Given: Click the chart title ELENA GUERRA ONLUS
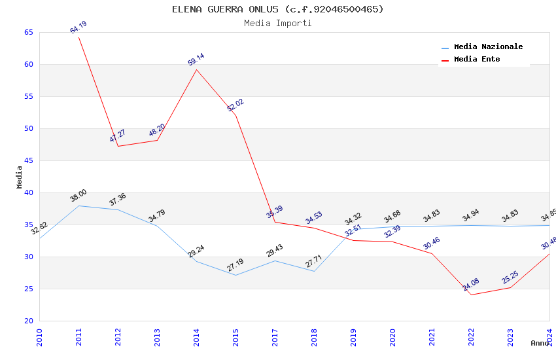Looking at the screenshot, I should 277,9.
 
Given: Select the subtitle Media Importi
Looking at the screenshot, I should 277,23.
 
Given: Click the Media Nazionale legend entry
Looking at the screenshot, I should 488,47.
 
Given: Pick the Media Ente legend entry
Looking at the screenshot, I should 477,60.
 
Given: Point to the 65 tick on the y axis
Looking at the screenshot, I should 28,32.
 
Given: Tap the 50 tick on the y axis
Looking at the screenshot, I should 28,128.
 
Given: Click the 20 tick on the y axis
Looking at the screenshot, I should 28,321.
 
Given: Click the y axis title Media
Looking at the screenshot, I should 20,177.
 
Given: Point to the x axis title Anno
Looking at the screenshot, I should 540,343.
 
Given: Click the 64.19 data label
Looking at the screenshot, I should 78,27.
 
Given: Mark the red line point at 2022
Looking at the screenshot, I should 471,295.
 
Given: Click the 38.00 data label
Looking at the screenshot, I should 78,196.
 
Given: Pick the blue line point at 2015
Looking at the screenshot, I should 235,275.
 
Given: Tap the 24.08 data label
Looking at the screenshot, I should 471,285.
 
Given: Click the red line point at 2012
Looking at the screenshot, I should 118,146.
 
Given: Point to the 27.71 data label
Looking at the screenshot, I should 314,262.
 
